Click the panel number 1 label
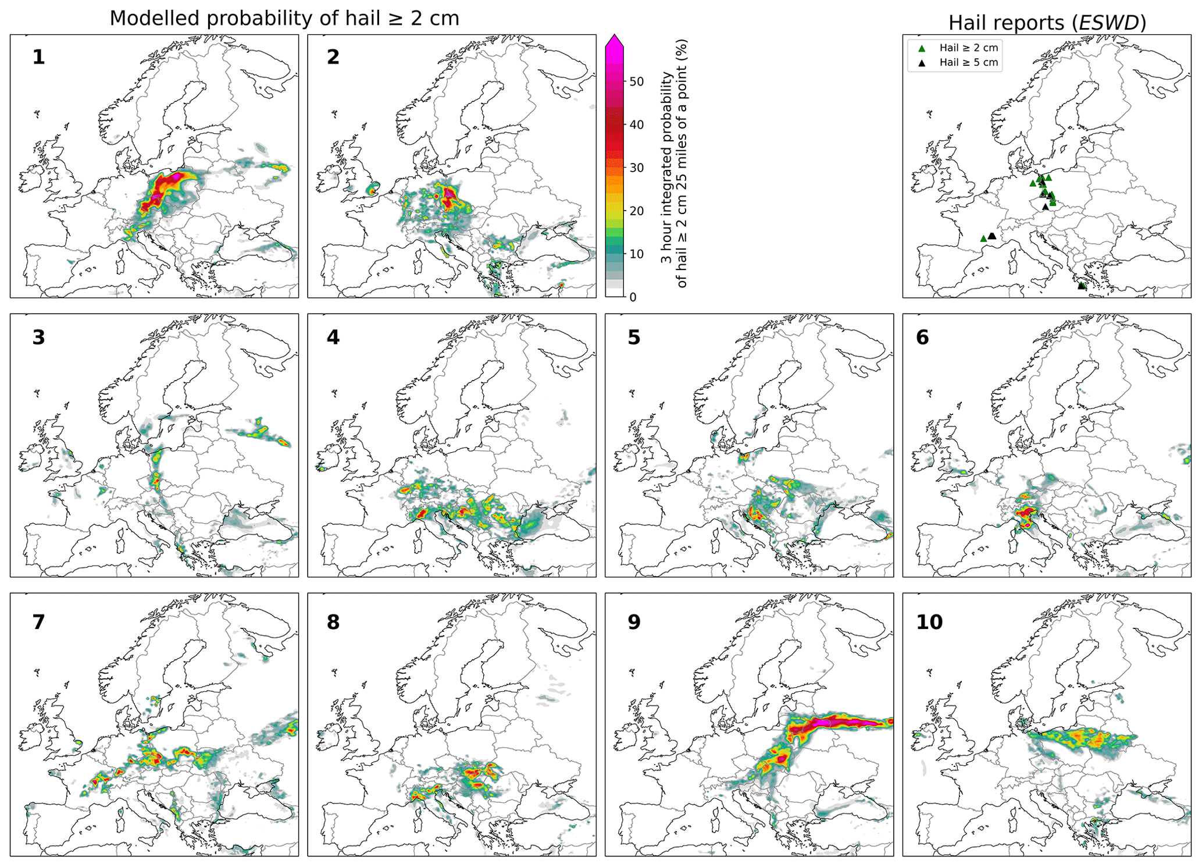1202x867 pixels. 38,57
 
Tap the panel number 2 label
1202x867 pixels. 333,57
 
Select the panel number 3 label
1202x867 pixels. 38,337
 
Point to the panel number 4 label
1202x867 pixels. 333,337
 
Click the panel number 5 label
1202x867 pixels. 634,337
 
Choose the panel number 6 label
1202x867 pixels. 922,337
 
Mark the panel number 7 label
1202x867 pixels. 38,622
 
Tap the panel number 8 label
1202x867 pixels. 333,622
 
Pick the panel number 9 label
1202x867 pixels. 634,622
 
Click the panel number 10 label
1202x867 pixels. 929,622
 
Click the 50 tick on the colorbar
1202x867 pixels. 636,81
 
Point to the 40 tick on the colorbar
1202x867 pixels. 636,125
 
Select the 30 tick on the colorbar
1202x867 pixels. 636,168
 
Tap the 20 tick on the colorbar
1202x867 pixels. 636,211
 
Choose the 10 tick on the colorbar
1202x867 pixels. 636,254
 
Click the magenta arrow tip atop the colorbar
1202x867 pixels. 615,40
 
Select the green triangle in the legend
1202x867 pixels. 922,48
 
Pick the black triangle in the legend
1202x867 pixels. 922,63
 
